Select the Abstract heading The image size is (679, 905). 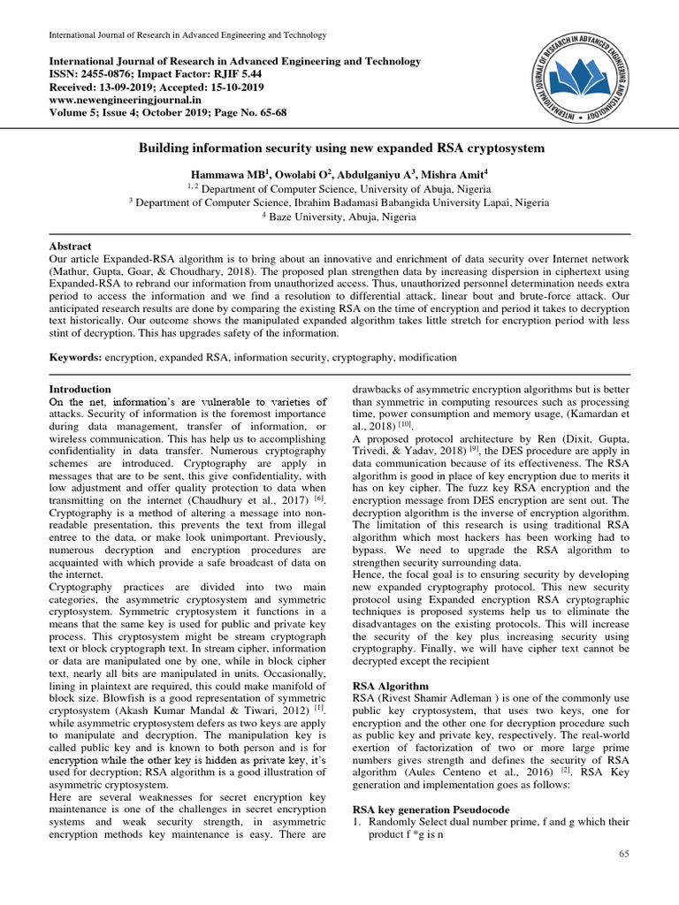pyautogui.click(x=70, y=246)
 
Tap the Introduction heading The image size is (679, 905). pyautogui.click(x=80, y=389)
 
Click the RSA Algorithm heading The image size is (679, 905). pyautogui.click(x=390, y=686)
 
